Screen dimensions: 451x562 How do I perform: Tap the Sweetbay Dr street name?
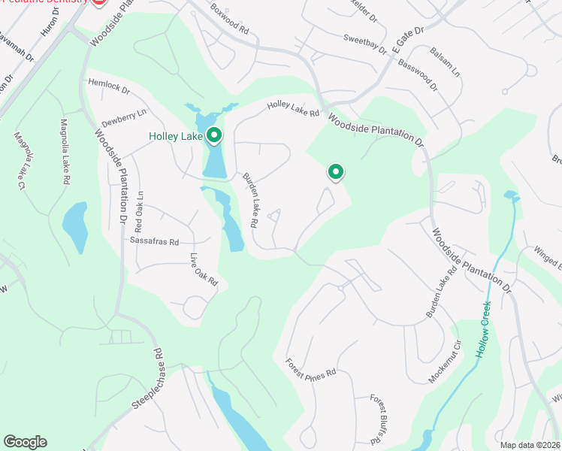364,44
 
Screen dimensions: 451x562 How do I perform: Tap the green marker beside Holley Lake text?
214,135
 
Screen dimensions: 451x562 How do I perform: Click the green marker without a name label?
335,172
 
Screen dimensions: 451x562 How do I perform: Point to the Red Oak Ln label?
139,211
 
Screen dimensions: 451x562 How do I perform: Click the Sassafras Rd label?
154,242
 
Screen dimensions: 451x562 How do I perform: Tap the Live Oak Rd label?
203,271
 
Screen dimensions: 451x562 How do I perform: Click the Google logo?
25,442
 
